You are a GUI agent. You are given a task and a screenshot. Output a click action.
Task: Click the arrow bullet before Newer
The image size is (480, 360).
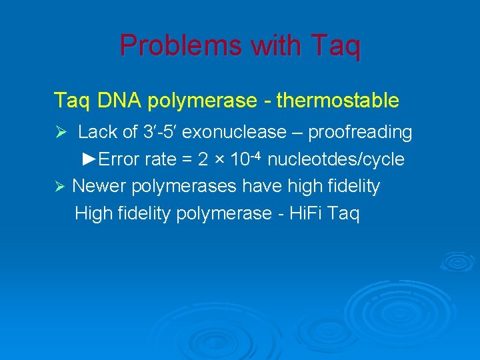click(x=59, y=187)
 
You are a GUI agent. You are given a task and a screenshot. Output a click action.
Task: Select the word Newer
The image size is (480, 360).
click(x=98, y=186)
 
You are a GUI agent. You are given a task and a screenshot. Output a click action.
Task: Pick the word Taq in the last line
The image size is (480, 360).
click(x=345, y=214)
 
